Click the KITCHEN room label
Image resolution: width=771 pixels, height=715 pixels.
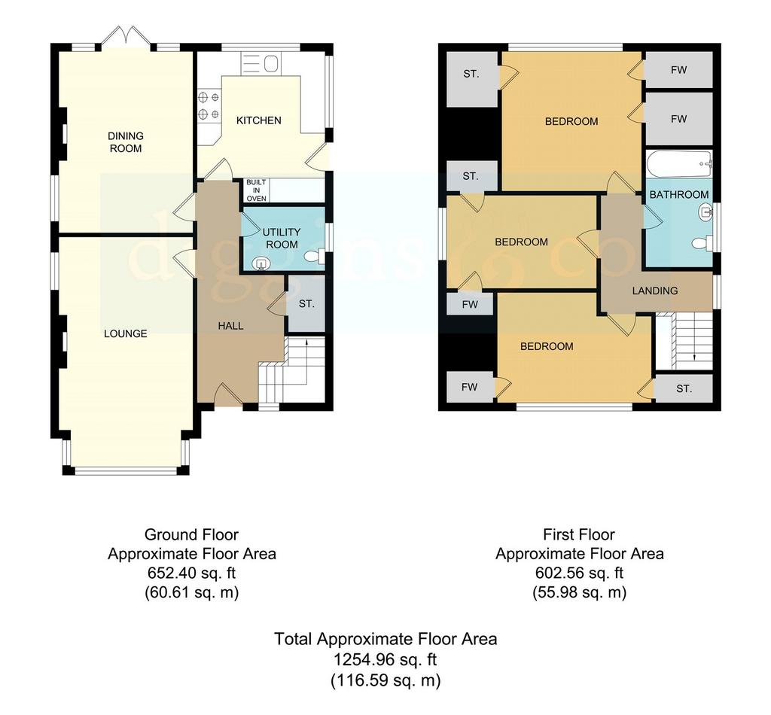tap(259, 120)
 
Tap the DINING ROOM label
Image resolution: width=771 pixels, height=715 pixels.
tap(126, 142)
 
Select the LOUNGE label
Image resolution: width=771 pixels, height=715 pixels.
tap(126, 333)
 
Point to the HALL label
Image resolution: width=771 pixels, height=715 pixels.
tap(230, 326)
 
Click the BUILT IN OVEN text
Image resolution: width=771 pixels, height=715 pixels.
tap(256, 190)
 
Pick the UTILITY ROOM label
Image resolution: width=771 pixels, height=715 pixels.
tap(282, 238)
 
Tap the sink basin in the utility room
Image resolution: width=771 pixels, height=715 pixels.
tap(261, 264)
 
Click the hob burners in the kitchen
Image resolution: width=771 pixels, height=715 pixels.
tap(209, 106)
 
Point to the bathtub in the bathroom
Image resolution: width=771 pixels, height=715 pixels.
tap(679, 165)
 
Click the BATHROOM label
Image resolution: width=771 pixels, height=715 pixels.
tap(679, 195)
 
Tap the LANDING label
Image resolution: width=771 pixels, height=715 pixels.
tap(655, 291)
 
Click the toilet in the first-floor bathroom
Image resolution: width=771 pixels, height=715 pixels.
tap(702, 243)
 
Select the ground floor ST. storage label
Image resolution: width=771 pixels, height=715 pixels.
tap(306, 304)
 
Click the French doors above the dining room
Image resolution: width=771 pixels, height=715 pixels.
tap(126, 36)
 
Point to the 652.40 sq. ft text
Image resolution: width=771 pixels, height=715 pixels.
tap(191, 573)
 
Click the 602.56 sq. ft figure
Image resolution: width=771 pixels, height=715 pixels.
tap(579, 573)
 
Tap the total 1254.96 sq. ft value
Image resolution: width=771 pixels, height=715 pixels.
tap(385, 659)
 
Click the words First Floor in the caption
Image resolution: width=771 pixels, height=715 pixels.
tap(579, 534)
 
